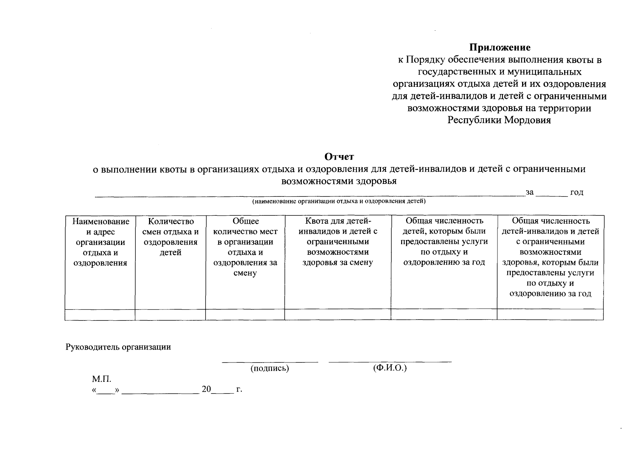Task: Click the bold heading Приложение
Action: point(500,47)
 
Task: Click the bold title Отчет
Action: point(339,157)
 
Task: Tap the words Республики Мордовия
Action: point(499,120)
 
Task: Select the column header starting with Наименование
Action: point(100,242)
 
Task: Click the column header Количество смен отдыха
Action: point(171,237)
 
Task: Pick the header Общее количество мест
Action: point(245,247)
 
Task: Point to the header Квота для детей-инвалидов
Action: point(338,242)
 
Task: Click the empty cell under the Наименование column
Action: point(100,315)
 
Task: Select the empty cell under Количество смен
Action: point(170,315)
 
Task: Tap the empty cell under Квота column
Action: point(338,315)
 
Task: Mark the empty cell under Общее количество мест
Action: point(245,315)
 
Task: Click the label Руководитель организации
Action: point(118,347)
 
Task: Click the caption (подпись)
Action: point(270,368)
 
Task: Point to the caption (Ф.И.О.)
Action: point(390,368)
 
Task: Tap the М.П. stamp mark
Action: point(101,379)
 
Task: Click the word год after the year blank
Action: point(577,192)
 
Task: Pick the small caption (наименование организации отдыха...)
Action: point(339,201)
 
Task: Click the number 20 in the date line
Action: point(206,389)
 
